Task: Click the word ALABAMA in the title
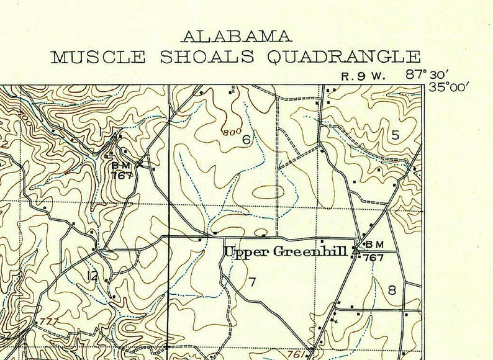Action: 235,35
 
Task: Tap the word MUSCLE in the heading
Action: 98,58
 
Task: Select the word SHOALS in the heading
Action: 207,58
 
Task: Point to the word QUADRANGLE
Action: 343,58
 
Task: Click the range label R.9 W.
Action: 363,76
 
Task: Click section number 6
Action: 246,140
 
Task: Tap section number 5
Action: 395,135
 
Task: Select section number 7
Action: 252,282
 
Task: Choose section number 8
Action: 392,289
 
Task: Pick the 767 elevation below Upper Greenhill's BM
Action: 373,257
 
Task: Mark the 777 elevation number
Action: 47,322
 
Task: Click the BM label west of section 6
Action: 120,165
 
